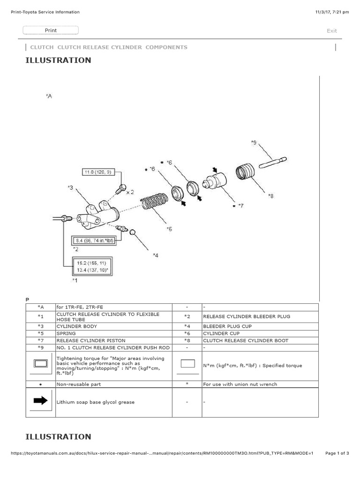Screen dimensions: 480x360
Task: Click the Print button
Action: (x=51, y=30)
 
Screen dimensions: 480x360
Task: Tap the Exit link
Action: (x=331, y=31)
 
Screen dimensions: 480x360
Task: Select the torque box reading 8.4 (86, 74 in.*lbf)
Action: (x=93, y=240)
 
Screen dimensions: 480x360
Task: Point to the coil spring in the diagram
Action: (x=155, y=202)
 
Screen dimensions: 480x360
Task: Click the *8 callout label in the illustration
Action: (x=270, y=196)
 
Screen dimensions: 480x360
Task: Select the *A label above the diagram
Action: (x=49, y=96)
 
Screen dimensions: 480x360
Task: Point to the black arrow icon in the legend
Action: (x=41, y=400)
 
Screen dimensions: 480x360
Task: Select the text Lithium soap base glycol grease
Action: (x=95, y=402)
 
